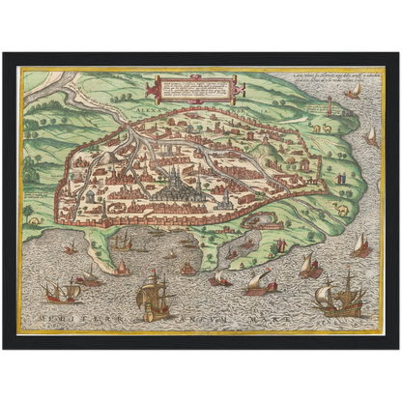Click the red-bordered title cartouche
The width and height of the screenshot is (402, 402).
pyautogui.click(x=190, y=91)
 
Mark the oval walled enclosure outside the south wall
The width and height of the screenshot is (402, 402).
pyautogui.click(x=261, y=221)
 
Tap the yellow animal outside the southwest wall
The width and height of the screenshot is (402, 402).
pyautogui.click(x=36, y=220)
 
